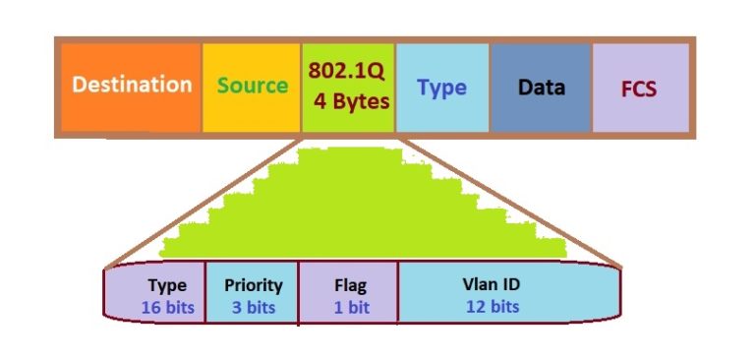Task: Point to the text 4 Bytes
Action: coord(352,101)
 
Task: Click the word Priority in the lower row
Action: coord(254,285)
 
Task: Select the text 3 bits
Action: coord(254,307)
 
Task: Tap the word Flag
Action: coord(350,286)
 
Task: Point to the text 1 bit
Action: coord(350,307)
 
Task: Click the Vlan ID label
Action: coord(492,284)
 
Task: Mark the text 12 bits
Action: coord(493,306)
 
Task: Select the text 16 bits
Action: coord(167,307)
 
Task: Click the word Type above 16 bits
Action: coord(167,286)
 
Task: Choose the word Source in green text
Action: coord(252,85)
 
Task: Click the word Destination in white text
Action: coord(132,84)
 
